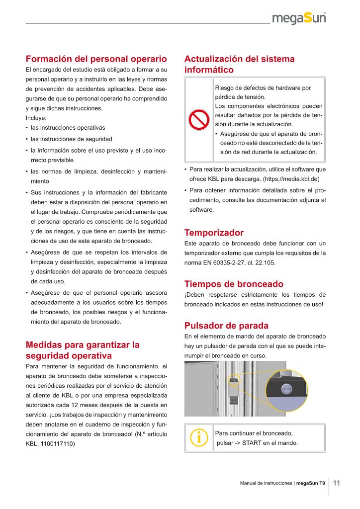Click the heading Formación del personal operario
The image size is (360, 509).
point(96,58)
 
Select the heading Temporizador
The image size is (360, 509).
point(214,233)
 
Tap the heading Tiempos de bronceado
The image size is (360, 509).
point(234,284)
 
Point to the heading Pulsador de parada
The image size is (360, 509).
point(226,326)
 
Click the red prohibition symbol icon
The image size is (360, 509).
point(198,120)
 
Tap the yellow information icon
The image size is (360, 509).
point(199,437)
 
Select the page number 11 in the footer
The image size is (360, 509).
point(336,483)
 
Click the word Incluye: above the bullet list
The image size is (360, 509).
point(36,118)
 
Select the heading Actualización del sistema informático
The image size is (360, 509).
point(239,64)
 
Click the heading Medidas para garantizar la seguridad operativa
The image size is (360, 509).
point(83,350)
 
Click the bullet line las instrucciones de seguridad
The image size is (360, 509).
point(71,139)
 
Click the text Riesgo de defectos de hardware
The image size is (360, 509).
point(263,87)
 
